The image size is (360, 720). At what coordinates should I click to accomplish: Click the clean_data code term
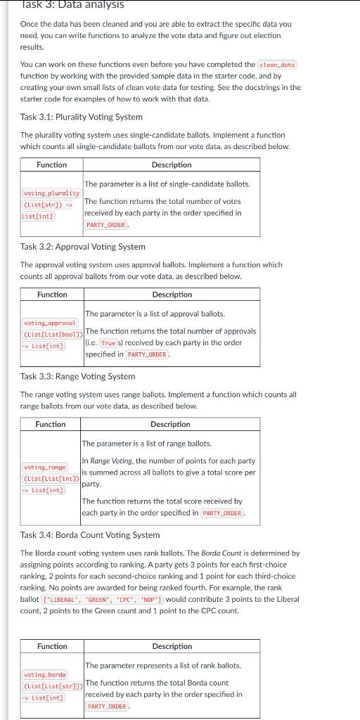278,65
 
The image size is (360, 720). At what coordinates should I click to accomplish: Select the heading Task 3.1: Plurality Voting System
82,117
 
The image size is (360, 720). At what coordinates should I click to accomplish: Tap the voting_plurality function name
51,193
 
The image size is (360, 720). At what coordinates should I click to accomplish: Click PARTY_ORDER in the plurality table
106,225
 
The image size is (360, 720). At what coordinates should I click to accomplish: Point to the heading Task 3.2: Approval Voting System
83,247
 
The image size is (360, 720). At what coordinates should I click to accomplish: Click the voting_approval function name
49,323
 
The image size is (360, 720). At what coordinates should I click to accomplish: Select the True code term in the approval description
108,343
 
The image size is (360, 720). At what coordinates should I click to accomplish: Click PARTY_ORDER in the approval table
147,354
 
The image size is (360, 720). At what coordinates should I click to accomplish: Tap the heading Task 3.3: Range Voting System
77,376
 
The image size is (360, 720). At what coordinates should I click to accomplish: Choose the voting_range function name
44,467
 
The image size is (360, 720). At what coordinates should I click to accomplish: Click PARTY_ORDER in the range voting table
222,513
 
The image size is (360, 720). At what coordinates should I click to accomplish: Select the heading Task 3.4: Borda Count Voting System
90,535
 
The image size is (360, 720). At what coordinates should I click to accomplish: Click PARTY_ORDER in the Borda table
108,707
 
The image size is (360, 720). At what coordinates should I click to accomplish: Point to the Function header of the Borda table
52,646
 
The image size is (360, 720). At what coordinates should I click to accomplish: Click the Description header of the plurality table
172,165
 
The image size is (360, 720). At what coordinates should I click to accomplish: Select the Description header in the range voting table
170,424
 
